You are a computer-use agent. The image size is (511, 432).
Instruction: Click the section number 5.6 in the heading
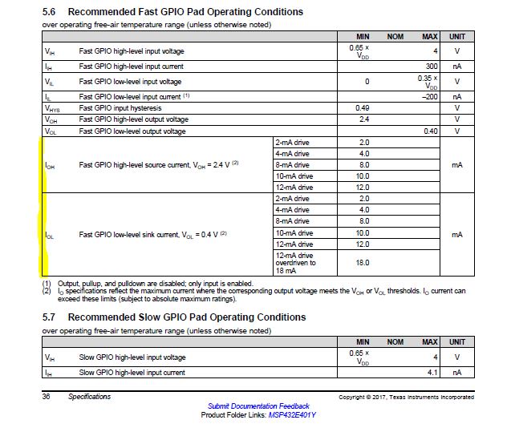pos(50,12)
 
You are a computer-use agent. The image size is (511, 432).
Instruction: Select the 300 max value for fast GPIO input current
pos(431,66)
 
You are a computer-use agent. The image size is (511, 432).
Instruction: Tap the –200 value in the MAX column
pos(429,96)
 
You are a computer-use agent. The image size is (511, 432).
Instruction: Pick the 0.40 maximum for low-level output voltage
pos(430,131)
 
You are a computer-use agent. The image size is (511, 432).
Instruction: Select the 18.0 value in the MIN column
pos(363,262)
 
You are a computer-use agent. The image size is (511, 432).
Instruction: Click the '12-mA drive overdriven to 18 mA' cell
pos(295,262)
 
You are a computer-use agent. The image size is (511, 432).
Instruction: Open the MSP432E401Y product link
pos(292,415)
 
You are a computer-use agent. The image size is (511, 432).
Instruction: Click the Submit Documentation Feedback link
pos(258,406)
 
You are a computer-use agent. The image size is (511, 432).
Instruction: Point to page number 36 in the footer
pos(47,397)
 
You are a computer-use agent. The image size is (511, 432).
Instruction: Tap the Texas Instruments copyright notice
pos(406,398)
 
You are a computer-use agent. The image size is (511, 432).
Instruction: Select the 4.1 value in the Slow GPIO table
pos(431,372)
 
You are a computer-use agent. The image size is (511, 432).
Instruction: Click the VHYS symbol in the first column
pos(52,107)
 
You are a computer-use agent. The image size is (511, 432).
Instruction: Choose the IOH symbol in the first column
pos(51,165)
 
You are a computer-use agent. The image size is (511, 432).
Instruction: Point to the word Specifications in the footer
pos(90,397)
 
